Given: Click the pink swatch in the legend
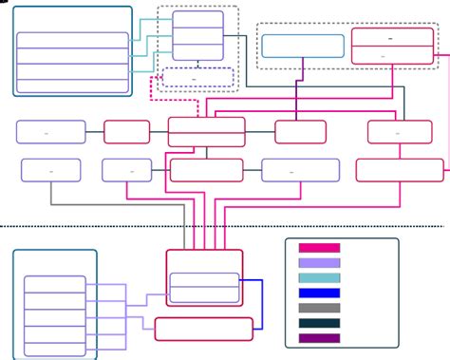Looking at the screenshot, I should [x=319, y=248].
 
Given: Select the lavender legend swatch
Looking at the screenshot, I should [x=319, y=263].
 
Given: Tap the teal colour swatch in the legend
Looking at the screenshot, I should [x=319, y=278].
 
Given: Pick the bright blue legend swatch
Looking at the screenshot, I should [x=319, y=294].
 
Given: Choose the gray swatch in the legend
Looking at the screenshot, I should [x=319, y=309].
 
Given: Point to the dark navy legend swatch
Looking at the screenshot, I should [x=319, y=324].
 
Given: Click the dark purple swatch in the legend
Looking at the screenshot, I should [x=319, y=339].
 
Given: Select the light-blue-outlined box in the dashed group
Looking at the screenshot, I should [x=303, y=46].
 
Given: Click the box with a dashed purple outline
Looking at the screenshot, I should [x=197, y=77].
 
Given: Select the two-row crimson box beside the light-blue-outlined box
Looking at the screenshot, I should [x=393, y=46].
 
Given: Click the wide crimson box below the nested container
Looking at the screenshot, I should [x=203, y=329].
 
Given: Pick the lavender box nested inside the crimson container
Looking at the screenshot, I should [x=204, y=287].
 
